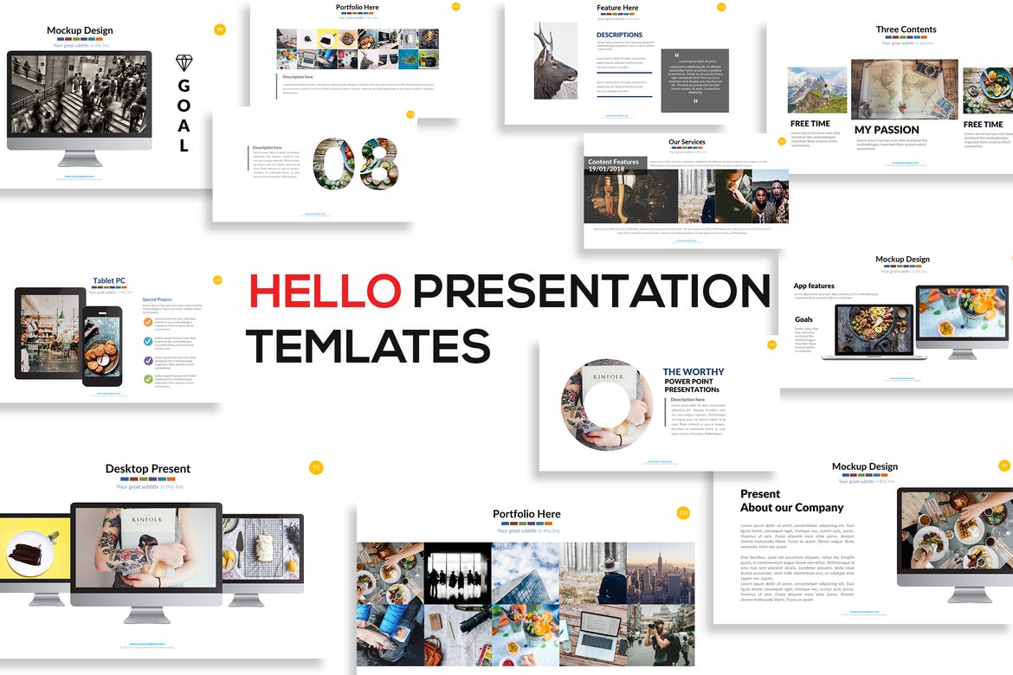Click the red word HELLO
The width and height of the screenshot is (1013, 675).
325,291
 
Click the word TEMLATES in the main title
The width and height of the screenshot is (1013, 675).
367,346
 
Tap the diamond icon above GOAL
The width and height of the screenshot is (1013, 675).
184,63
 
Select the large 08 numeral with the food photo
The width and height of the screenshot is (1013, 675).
356,164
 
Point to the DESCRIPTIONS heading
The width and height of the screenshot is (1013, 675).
619,35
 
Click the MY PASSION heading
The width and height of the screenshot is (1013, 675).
887,130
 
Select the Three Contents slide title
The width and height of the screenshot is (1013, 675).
906,29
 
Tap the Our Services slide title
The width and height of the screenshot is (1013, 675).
687,142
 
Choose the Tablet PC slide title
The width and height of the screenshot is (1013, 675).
109,280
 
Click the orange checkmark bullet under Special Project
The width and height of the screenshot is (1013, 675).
148,322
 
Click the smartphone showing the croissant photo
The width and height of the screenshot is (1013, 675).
102,346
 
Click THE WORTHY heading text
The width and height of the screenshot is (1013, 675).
694,372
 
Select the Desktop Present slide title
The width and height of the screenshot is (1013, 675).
148,469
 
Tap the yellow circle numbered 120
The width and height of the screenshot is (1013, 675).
683,513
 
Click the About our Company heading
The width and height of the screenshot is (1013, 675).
791,508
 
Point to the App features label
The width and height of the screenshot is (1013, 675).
814,286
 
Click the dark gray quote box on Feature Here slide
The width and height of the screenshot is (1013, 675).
694,80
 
